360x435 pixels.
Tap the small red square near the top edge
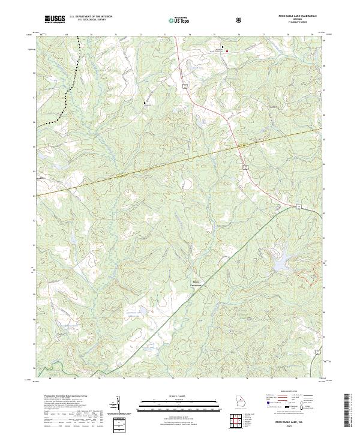(x=227, y=52)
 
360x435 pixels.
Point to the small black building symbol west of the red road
(x=145, y=103)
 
